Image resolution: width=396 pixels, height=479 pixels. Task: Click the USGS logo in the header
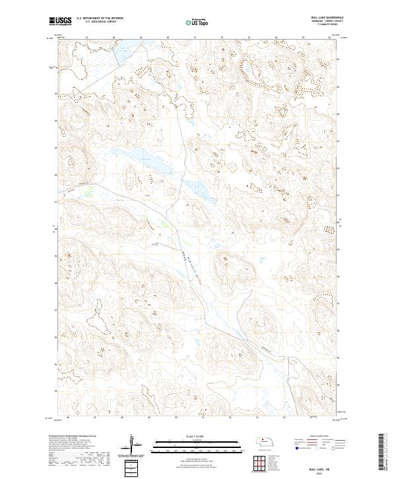[x=60, y=21]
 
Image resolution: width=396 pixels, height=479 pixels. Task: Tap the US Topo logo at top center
[x=197, y=22]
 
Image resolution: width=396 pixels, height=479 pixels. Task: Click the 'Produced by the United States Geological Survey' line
[x=73, y=437]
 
